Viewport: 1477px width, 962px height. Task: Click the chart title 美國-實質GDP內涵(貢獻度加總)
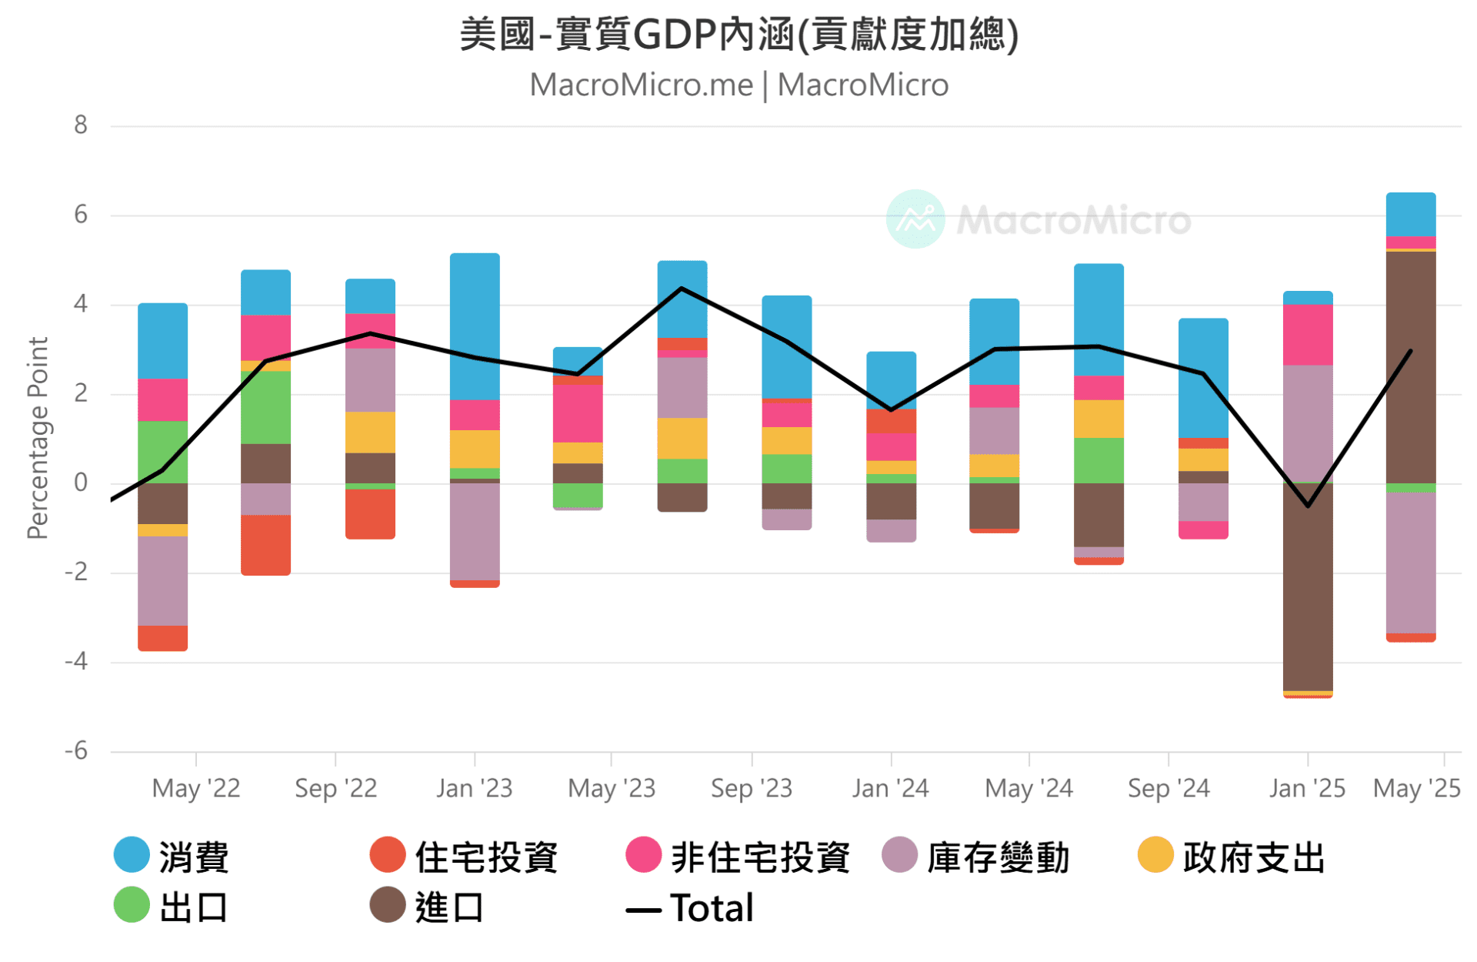pyautogui.click(x=738, y=35)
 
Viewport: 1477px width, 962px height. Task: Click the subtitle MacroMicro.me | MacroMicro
pyautogui.click(x=738, y=85)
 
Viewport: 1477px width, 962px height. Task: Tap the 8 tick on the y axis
pyautogui.click(x=81, y=125)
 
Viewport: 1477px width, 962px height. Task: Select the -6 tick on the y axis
pyautogui.click(x=76, y=751)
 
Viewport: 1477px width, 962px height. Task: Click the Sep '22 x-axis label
pyautogui.click(x=335, y=789)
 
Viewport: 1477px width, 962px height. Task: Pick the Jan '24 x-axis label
pyautogui.click(x=890, y=789)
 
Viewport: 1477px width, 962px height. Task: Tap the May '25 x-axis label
pyautogui.click(x=1416, y=789)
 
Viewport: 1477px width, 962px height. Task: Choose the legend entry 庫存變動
pyautogui.click(x=976, y=857)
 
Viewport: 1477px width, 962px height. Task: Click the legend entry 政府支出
pyautogui.click(x=1232, y=857)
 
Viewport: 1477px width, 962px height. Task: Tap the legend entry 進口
pyautogui.click(x=427, y=907)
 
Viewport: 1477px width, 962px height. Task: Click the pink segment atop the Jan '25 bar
pyautogui.click(x=1307, y=335)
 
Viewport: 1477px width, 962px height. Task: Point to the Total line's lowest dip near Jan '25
pyautogui.click(x=1307, y=506)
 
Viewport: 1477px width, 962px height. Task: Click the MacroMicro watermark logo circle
pyautogui.click(x=915, y=219)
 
